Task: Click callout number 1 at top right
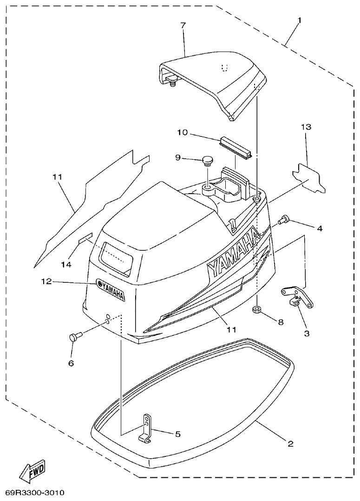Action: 300,20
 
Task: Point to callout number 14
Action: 66,264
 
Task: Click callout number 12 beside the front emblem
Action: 45,281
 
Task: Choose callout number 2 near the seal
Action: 290,444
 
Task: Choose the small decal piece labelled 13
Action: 308,179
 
